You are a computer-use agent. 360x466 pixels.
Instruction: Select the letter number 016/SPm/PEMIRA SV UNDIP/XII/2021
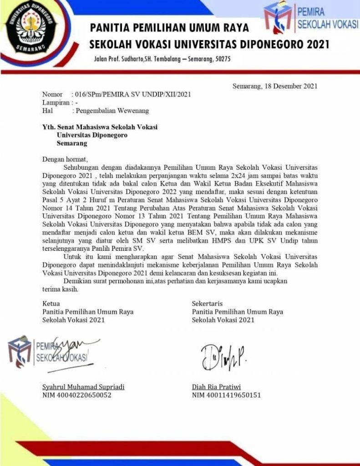click(132, 95)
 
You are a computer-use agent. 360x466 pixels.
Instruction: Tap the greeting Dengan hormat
click(64, 159)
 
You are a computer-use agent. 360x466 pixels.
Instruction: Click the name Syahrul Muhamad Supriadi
click(83, 387)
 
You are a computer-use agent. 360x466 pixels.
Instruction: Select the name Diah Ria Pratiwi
click(218, 387)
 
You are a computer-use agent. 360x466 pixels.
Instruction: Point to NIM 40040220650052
click(76, 395)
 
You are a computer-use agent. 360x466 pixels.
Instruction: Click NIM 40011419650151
click(226, 395)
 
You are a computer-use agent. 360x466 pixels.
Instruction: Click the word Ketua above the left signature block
click(51, 303)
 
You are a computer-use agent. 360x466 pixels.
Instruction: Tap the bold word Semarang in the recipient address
click(72, 143)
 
